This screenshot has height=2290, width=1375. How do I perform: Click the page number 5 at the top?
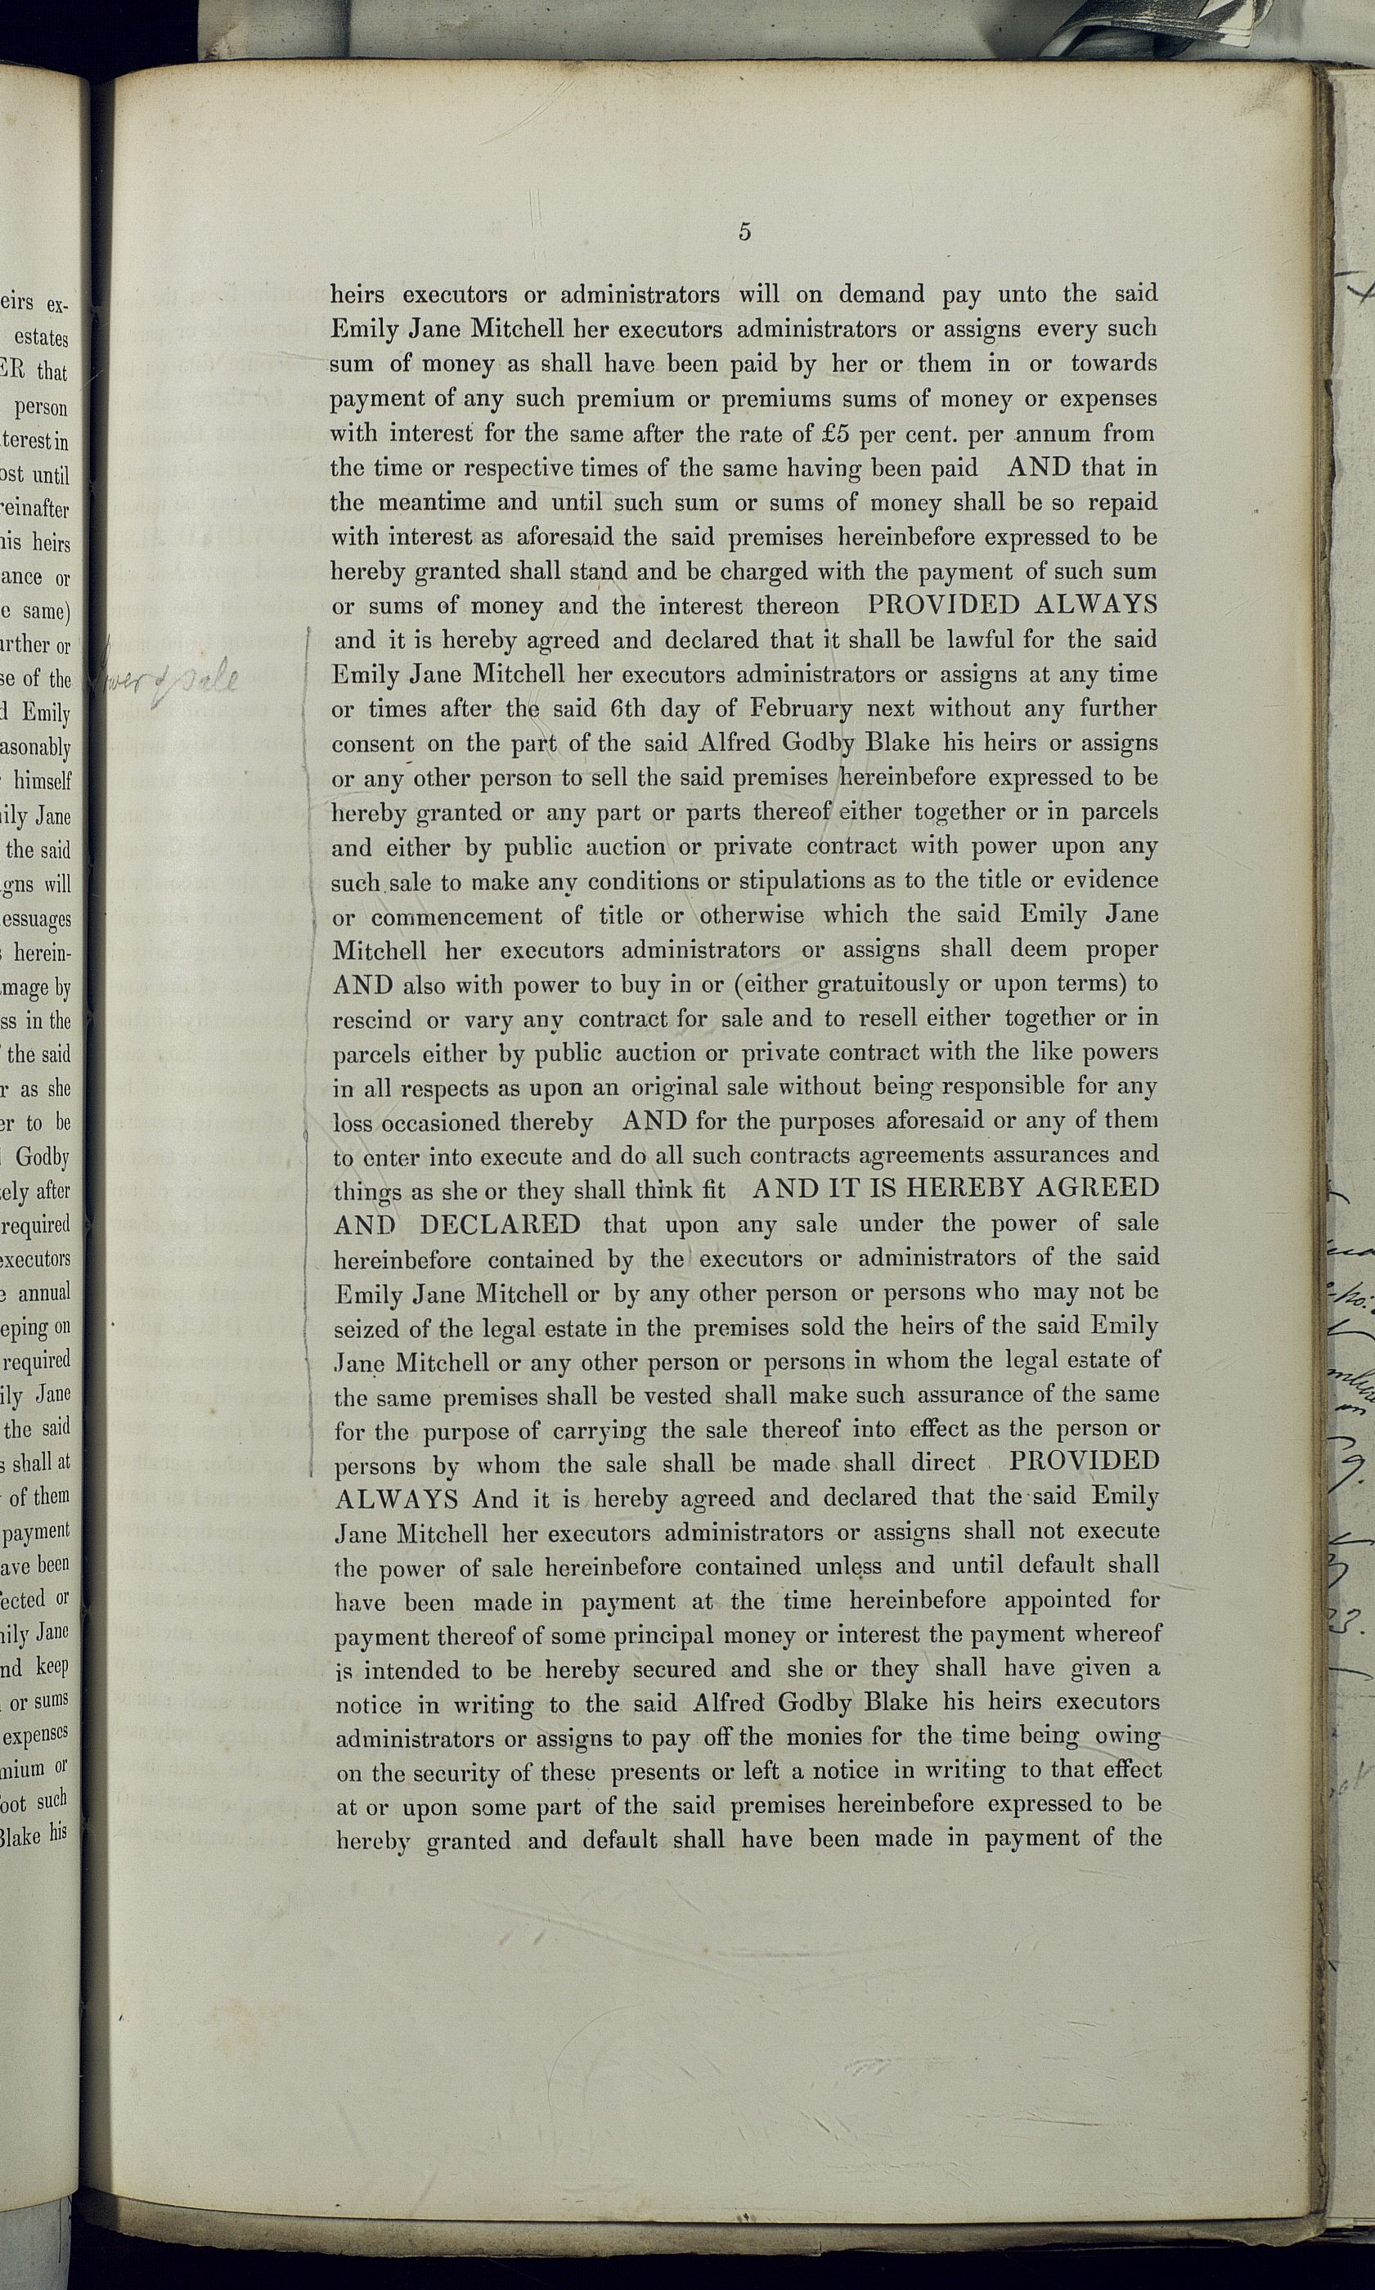click(744, 232)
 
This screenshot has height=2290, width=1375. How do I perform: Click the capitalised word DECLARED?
click(501, 1224)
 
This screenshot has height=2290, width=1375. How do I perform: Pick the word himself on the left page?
click(42, 781)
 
